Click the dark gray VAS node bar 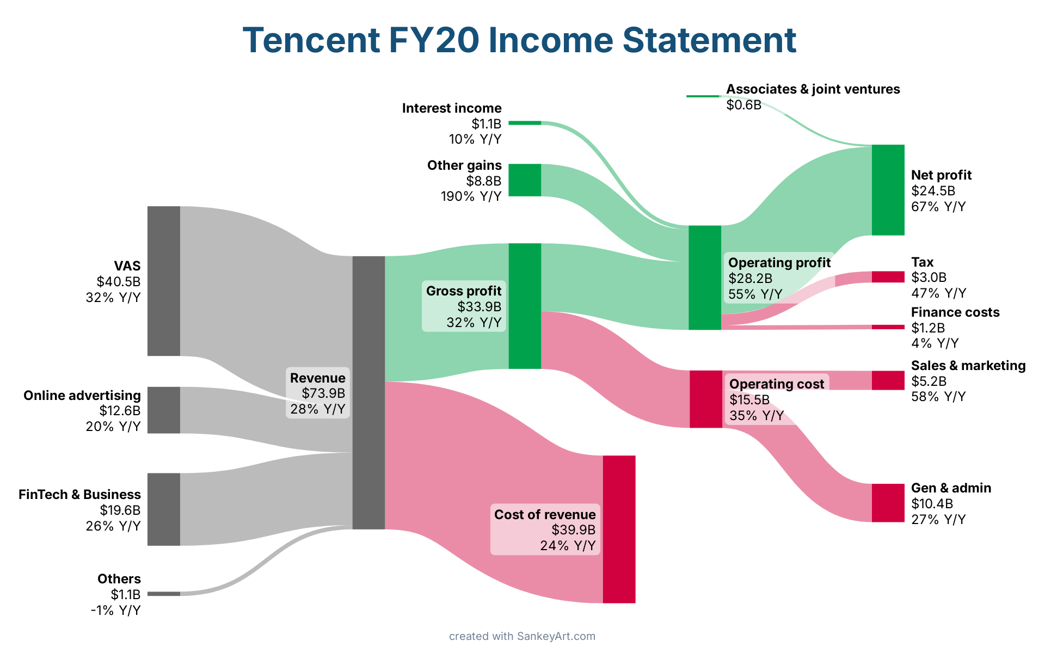tap(163, 281)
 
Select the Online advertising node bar tap(163, 410)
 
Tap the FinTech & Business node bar tap(163, 509)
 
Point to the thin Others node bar tap(163, 594)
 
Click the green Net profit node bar tap(888, 190)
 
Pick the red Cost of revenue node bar tap(619, 529)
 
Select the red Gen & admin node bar tap(888, 503)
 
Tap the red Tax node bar tap(888, 277)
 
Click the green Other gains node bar tap(525, 180)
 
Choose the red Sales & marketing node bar tap(888, 380)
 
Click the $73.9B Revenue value tap(323, 393)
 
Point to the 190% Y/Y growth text tap(471, 196)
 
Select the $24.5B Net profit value tap(933, 191)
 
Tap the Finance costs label tap(955, 312)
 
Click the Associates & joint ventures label tap(813, 89)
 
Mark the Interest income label tap(452, 108)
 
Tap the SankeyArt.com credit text tap(556, 636)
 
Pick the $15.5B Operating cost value tap(749, 400)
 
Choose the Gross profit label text tap(464, 291)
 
